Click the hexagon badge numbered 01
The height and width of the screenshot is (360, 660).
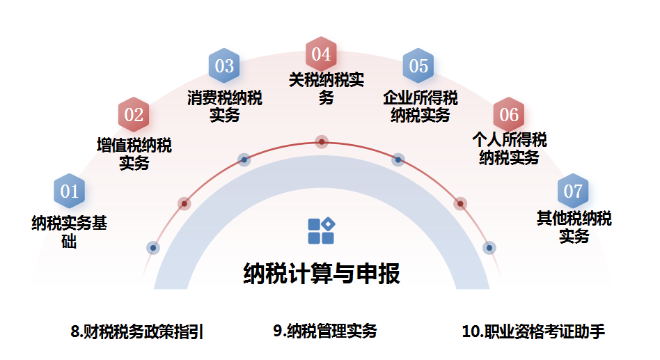(70, 191)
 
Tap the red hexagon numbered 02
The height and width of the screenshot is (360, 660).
(134, 114)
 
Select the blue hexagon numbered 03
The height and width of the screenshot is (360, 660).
(224, 66)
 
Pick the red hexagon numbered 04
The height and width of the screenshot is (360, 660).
(321, 54)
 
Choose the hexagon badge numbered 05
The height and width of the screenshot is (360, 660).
(418, 66)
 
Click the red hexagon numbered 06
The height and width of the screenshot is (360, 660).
(509, 114)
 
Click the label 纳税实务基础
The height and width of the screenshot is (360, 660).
(69, 233)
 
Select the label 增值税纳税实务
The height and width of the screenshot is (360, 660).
(134, 155)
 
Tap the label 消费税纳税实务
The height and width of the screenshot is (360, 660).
(224, 107)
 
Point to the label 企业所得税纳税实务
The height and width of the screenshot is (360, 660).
(420, 107)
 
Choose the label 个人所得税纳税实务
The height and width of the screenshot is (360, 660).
(509, 148)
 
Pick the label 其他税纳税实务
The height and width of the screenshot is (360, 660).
(574, 227)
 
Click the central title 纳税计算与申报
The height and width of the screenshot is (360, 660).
(322, 274)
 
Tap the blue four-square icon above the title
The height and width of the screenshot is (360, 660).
(321, 231)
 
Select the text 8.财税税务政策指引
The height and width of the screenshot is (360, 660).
(137, 331)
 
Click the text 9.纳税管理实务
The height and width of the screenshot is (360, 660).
(324, 331)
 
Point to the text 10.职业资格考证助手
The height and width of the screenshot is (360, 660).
(533, 331)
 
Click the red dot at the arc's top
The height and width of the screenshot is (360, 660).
(322, 142)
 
